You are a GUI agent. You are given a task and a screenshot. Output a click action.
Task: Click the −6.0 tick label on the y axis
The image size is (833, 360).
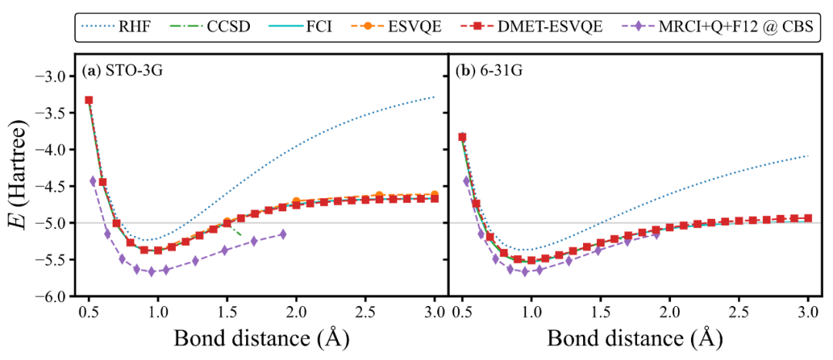52,296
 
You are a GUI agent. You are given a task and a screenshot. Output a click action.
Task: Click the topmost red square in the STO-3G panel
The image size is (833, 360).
89,100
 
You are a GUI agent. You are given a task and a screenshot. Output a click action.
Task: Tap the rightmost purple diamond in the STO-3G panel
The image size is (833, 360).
282,234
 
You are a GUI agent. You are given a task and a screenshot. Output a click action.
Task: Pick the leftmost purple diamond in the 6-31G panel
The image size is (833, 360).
467,181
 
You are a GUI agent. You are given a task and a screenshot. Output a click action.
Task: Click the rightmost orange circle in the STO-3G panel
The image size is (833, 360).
434,195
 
